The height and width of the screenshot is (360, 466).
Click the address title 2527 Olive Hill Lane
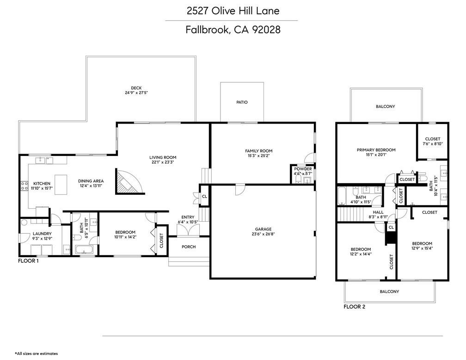[x=233, y=10]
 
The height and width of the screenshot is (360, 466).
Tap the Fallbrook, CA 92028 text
[x=233, y=30]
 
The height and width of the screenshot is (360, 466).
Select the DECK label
[x=136, y=88]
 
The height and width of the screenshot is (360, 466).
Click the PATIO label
[x=242, y=102]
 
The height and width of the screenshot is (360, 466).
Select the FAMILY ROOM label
[x=258, y=151]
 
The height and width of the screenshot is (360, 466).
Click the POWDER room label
[x=303, y=169]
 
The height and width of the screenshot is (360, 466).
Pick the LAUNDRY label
[x=42, y=234]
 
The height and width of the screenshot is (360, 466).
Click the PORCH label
[x=188, y=247]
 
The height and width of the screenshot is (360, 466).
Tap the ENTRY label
[x=188, y=217]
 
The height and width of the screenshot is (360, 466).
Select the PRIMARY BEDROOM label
[x=376, y=150]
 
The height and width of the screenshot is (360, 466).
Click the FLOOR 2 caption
[x=354, y=306]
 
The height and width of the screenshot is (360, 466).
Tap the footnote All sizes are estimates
[x=37, y=354]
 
